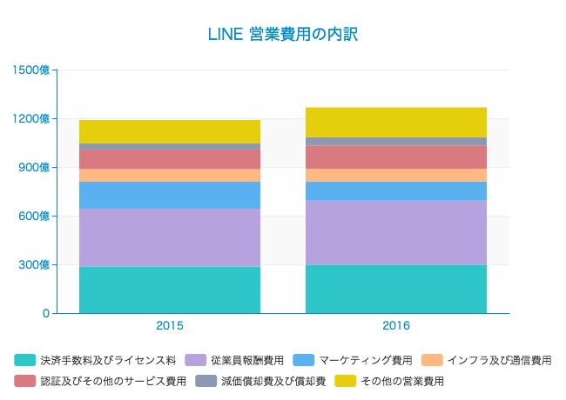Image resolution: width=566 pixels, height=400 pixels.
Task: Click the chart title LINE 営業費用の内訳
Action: pyautogui.click(x=283, y=35)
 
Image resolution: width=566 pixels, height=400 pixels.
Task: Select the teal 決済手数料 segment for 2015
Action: pyautogui.click(x=170, y=290)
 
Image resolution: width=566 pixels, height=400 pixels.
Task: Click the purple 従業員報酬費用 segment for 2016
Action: pyautogui.click(x=396, y=232)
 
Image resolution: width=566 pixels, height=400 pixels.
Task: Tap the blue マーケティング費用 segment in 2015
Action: pyautogui.click(x=170, y=195)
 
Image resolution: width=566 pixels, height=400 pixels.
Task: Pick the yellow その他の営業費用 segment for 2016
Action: pyautogui.click(x=396, y=122)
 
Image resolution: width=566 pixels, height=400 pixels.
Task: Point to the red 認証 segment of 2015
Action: pyautogui.click(x=170, y=159)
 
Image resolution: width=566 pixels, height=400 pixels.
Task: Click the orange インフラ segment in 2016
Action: pyautogui.click(x=396, y=175)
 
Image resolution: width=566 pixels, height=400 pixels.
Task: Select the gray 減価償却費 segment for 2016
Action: pyautogui.click(x=396, y=141)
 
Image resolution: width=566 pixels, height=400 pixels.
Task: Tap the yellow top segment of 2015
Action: pyautogui.click(x=170, y=131)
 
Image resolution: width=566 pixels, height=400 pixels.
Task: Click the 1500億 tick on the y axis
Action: pyautogui.click(x=32, y=70)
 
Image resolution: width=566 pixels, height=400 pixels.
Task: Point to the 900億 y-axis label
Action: pyautogui.click(x=36, y=167)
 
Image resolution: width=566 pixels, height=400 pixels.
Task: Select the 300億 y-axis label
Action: pyautogui.click(x=36, y=264)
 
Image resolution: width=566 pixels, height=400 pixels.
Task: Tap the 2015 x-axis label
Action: pyautogui.click(x=170, y=326)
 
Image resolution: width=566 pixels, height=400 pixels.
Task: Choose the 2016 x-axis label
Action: pyautogui.click(x=396, y=326)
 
